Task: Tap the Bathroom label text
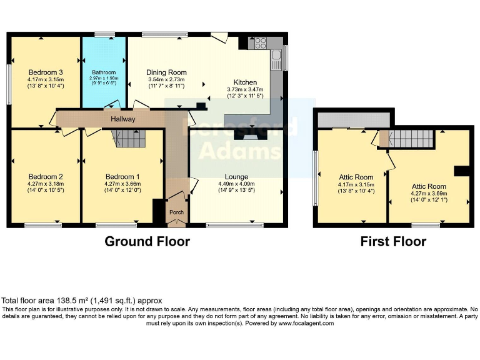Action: tap(104, 72)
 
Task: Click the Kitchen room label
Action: tap(245, 82)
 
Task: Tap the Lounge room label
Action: tap(236, 176)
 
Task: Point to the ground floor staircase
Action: tap(127, 138)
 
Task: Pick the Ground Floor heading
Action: tap(147, 241)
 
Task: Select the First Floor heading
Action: tap(393, 241)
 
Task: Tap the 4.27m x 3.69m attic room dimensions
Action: tap(429, 194)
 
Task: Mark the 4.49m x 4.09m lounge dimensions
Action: tap(236, 184)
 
